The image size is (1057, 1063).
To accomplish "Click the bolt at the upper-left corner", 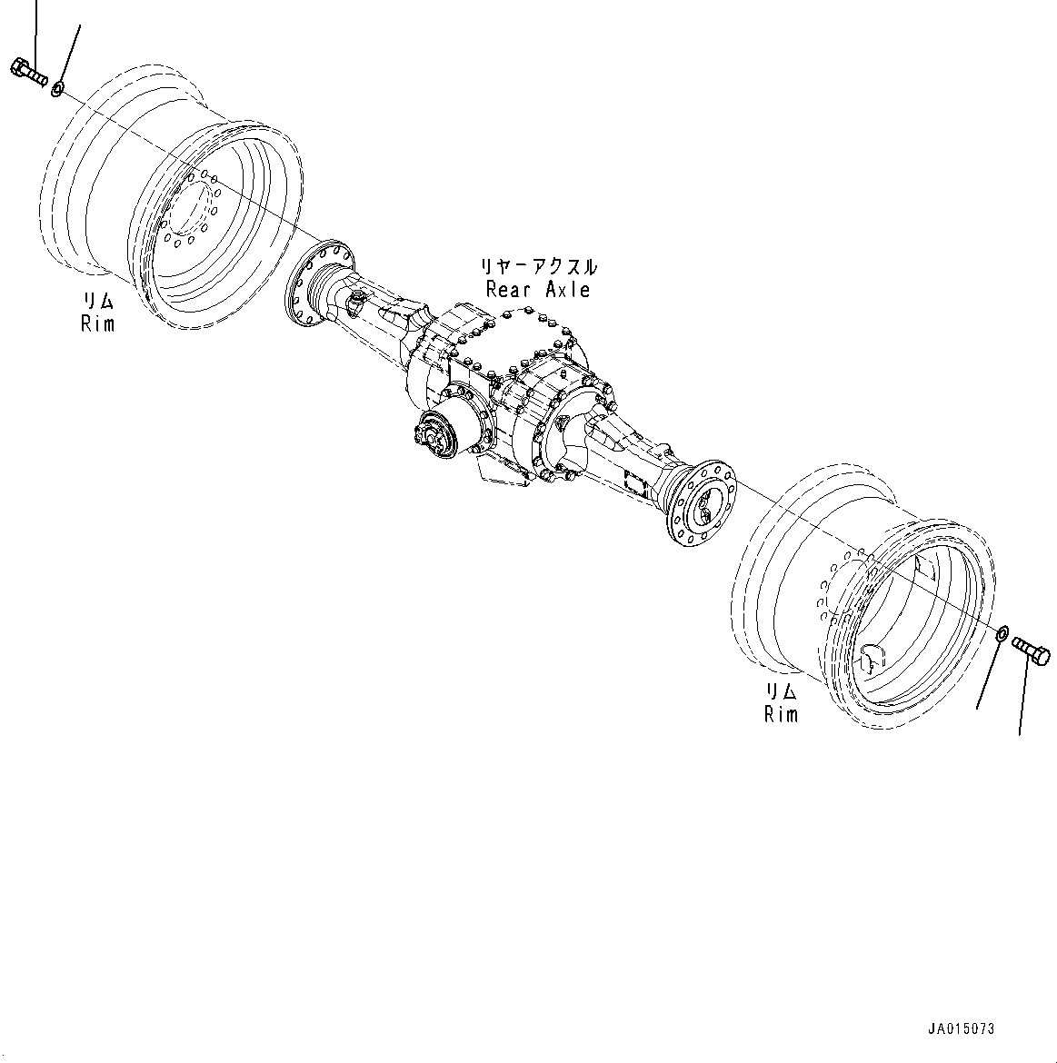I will (29, 72).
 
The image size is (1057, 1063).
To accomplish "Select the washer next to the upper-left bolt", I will (57, 89).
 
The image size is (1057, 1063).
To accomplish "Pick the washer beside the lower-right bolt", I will (1002, 633).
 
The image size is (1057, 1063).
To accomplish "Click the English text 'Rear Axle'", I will (538, 290).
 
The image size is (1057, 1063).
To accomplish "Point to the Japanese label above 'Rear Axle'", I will (539, 267).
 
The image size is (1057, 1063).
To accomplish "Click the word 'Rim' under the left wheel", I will (98, 323).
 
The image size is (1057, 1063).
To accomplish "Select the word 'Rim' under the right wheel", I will (781, 714).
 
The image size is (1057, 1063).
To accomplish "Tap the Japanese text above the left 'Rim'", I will (98, 301).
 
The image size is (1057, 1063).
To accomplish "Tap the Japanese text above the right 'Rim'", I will (781, 692).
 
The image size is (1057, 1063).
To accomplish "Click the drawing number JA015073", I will (961, 1028).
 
